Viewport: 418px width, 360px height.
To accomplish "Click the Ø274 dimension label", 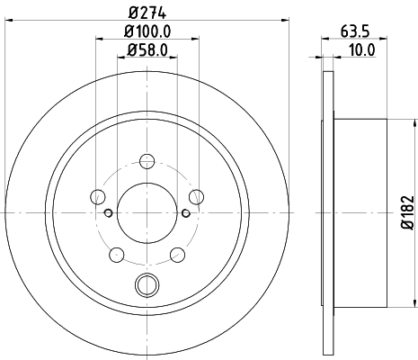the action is (147, 13).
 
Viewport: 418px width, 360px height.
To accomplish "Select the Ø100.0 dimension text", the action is (147, 31).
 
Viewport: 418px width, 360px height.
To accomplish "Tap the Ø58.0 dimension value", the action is (147, 49).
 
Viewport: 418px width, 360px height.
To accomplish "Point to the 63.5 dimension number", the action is (355, 31).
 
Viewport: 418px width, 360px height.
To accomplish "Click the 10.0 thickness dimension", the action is (361, 49).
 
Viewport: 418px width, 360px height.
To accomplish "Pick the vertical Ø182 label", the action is (407, 212).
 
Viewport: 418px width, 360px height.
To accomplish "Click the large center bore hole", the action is (147, 212).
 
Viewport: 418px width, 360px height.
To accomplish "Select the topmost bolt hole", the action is (147, 161).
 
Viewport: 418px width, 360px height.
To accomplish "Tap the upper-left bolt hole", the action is (98, 197).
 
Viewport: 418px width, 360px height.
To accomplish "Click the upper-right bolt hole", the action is (197, 197).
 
